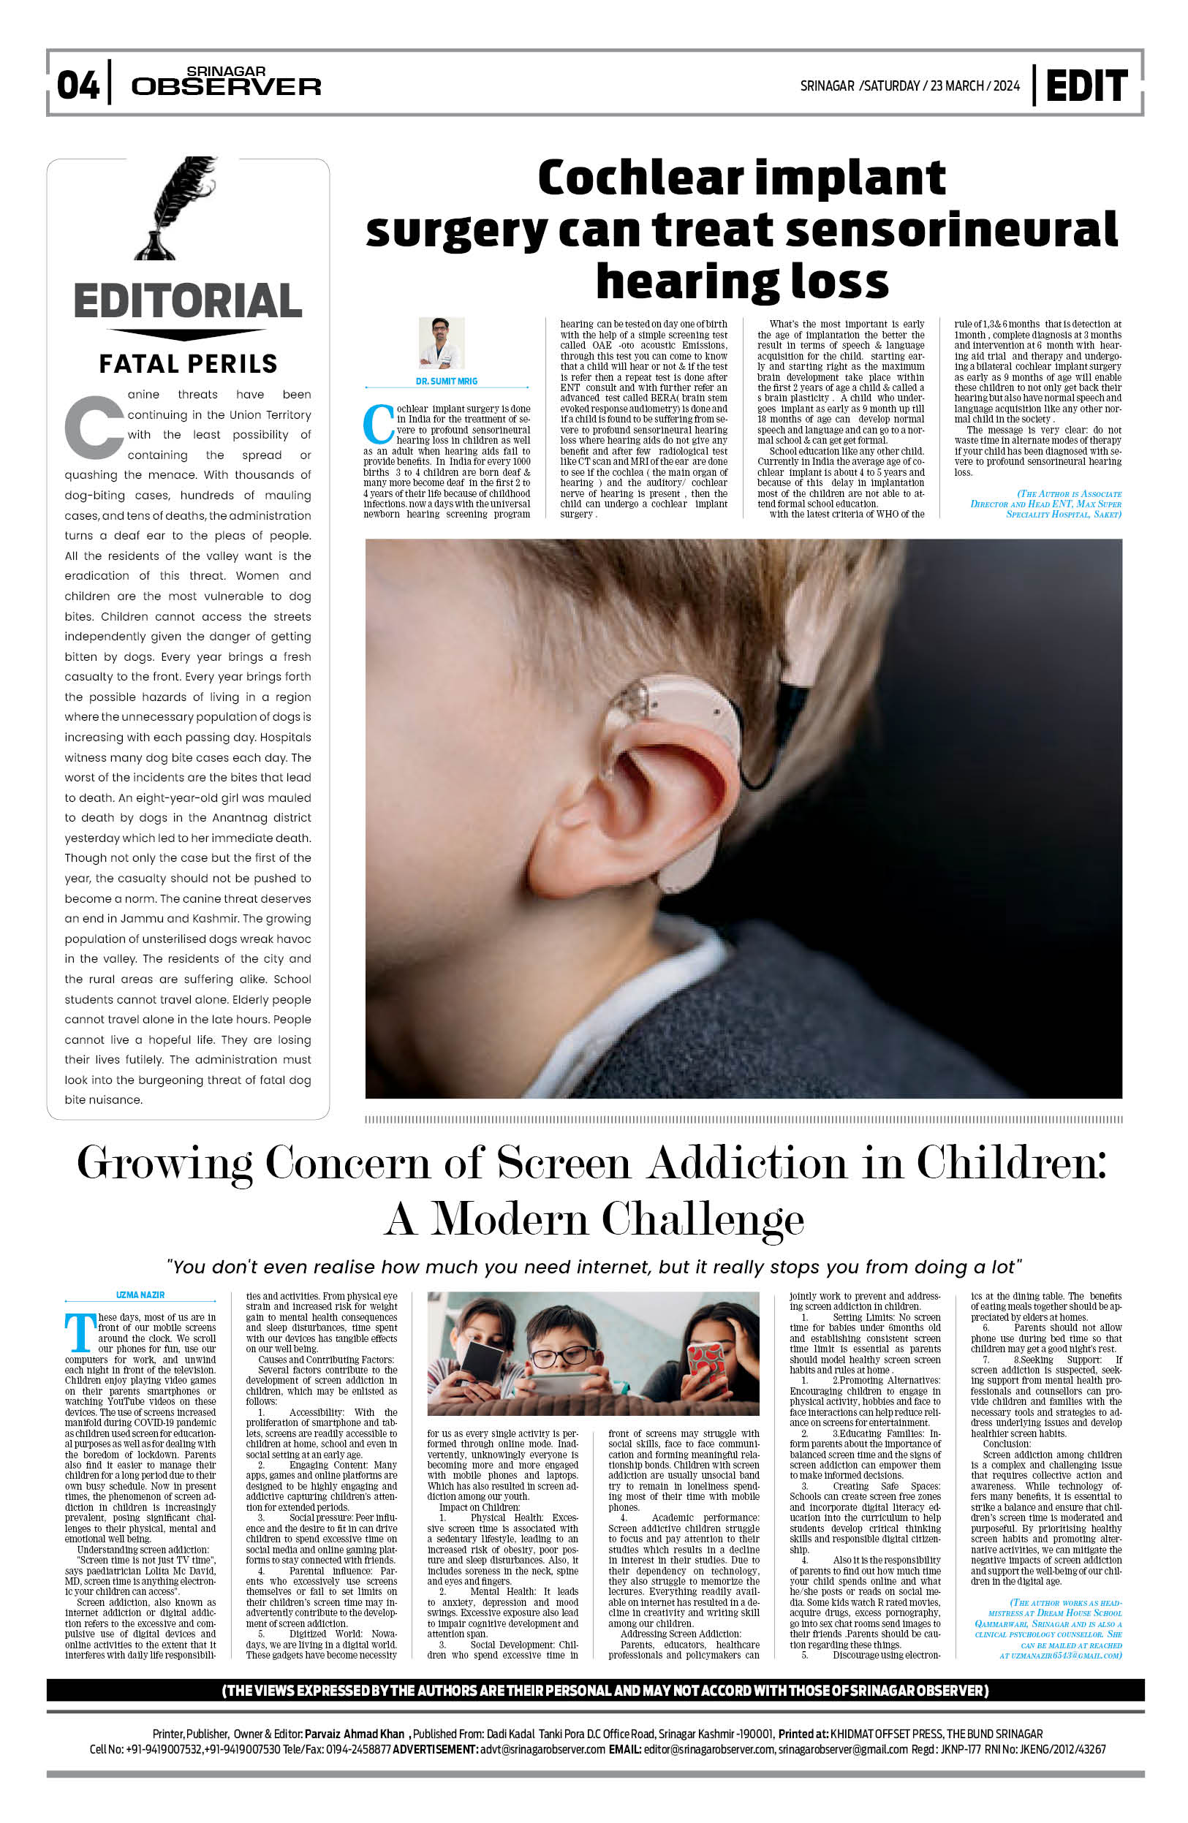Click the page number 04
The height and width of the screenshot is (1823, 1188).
(x=77, y=84)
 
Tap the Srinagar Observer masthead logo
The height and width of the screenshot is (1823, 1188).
(x=225, y=82)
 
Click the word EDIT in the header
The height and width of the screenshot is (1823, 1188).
(x=1086, y=85)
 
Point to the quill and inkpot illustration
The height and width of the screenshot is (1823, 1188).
(x=174, y=208)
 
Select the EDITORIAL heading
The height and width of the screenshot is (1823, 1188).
(x=188, y=300)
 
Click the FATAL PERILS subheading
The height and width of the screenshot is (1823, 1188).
(x=188, y=364)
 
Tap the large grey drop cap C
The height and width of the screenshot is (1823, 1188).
(x=94, y=426)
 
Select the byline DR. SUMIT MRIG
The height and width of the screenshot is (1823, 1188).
(x=446, y=381)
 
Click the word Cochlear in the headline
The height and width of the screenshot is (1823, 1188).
(x=640, y=178)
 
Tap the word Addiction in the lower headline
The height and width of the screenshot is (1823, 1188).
(x=747, y=1163)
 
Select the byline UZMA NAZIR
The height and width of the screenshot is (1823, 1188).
(x=140, y=1295)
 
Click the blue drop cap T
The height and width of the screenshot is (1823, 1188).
(x=80, y=1333)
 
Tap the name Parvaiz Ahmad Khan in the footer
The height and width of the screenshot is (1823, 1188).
(x=354, y=1733)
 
